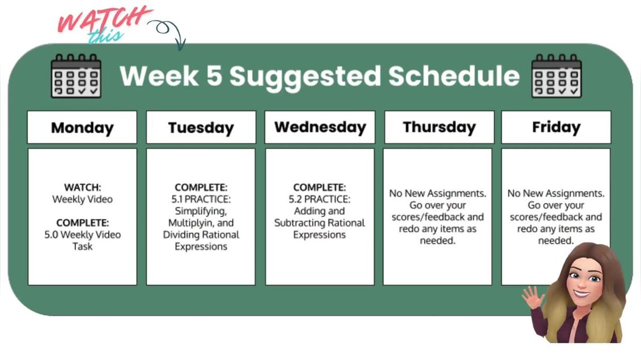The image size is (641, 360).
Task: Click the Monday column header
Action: pos(82,128)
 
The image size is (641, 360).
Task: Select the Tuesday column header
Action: pos(201,128)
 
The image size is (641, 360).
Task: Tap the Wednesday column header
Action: pos(320,127)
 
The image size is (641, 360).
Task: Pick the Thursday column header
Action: pos(439,127)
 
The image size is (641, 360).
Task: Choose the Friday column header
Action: pos(556,127)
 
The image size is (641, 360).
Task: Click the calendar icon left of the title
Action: pos(76,76)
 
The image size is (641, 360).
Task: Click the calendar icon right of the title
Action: pos(557,76)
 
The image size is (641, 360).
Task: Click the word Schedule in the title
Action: pos(454,76)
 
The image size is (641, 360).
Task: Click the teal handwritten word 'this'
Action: pos(105,36)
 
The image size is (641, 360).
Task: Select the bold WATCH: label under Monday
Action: pos(82,187)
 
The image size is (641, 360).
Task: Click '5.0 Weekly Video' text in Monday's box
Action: pos(82,234)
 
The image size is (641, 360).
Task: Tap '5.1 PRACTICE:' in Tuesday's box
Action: pos(201,199)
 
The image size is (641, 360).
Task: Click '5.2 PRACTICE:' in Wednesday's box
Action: pos(320,199)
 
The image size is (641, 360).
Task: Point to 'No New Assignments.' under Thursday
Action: pos(437,193)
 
